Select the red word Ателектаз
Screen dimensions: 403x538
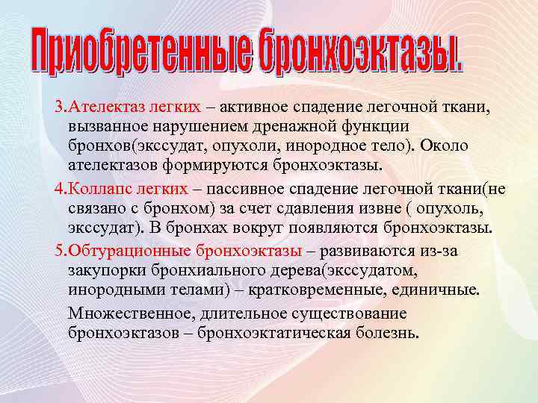point(99,109)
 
